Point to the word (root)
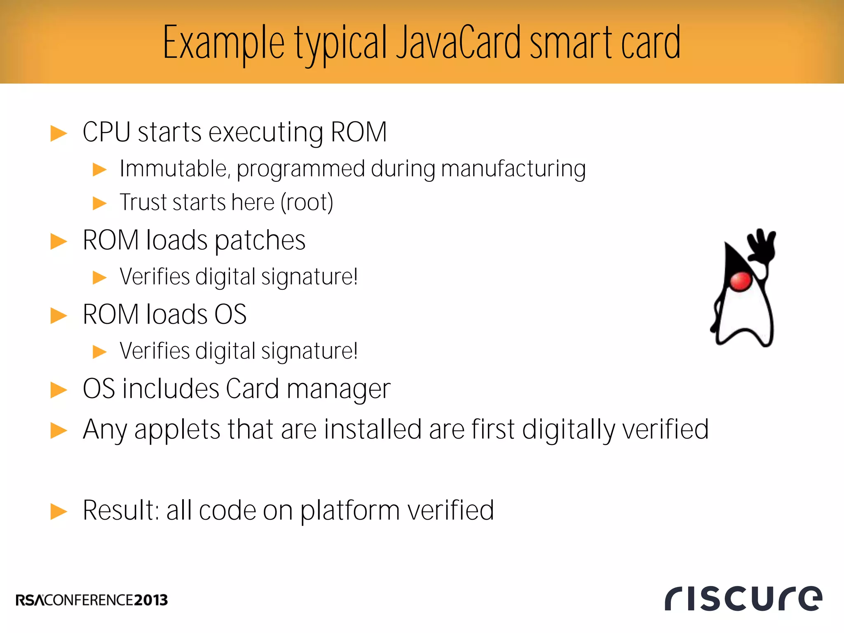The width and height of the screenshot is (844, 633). (x=307, y=202)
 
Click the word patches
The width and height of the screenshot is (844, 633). (x=260, y=240)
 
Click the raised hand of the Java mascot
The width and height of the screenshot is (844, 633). (x=762, y=246)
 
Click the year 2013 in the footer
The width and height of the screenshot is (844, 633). (x=151, y=600)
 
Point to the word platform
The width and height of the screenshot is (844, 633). (x=350, y=511)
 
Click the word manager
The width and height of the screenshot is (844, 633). (x=338, y=389)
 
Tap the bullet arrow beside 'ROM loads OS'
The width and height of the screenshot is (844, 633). (x=59, y=316)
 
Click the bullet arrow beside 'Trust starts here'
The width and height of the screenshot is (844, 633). (x=100, y=203)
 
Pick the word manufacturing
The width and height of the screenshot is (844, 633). (x=513, y=169)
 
